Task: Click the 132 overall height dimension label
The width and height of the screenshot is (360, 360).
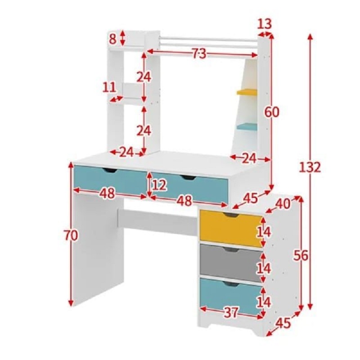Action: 310,167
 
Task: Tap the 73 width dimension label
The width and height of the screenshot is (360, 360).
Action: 199,54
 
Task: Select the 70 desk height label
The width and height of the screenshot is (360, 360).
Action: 71,235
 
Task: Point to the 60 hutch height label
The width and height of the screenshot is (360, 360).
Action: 272,112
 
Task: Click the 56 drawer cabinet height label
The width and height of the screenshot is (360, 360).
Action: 301,256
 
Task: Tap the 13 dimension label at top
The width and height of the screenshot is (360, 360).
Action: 264,24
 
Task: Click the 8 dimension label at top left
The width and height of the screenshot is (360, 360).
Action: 112,39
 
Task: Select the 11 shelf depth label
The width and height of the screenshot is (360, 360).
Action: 109,87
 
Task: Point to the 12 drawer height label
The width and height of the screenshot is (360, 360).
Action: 159,185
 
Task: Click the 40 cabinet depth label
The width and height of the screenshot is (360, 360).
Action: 283,203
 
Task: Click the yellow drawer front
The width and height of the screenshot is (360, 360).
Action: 231,229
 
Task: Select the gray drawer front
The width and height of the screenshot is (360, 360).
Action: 231,263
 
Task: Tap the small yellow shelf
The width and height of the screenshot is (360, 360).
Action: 247,92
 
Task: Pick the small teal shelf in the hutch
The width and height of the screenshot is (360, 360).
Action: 247,126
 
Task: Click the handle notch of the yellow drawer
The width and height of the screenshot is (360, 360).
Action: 230,215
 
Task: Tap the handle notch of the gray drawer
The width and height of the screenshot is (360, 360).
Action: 230,250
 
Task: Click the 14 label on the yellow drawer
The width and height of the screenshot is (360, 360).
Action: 264,232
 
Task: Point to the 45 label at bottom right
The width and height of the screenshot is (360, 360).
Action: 283,323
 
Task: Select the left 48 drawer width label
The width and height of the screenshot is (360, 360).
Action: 107,193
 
